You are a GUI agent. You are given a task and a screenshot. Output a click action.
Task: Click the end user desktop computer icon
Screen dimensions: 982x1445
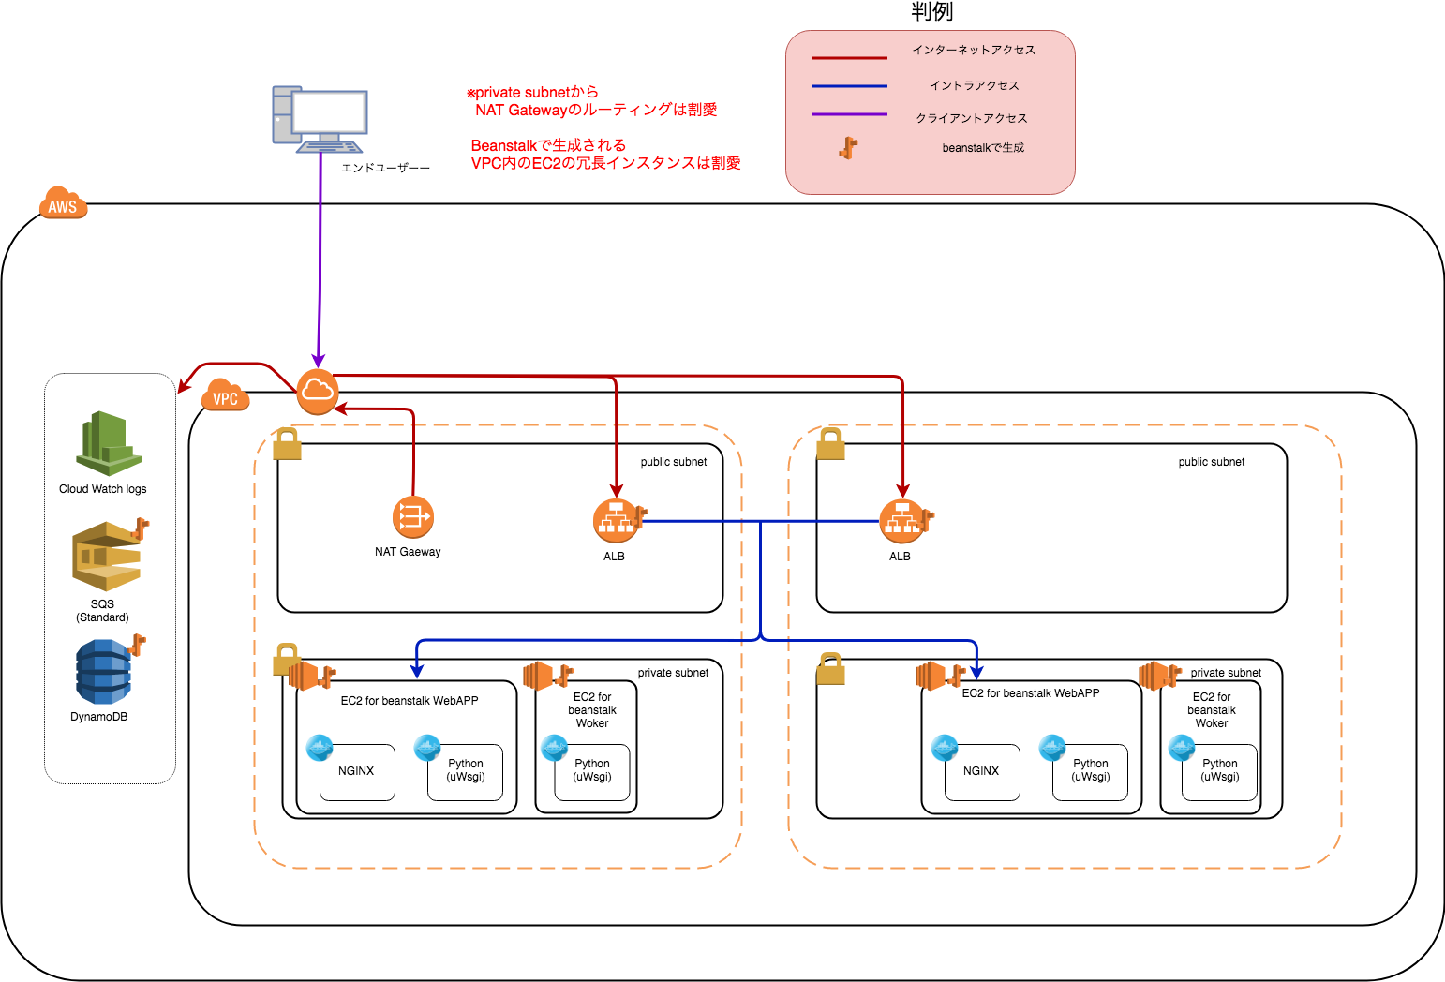pyautogui.click(x=320, y=120)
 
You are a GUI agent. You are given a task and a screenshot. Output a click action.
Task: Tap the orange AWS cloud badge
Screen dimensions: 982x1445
pyautogui.click(x=63, y=204)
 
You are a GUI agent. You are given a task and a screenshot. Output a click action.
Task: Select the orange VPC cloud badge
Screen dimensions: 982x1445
pyautogui.click(x=225, y=396)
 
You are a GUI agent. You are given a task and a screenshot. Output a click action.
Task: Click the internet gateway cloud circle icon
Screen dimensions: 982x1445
pyautogui.click(x=318, y=392)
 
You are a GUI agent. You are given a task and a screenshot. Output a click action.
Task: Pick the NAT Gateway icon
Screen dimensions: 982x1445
pyautogui.click(x=412, y=517)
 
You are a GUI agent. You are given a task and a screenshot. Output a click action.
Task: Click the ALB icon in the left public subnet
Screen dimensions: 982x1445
pyautogui.click(x=616, y=521)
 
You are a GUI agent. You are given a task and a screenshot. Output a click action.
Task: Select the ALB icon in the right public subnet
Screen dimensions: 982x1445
pyautogui.click(x=901, y=521)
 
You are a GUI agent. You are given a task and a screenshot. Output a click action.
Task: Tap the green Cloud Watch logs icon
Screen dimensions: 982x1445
pyautogui.click(x=109, y=444)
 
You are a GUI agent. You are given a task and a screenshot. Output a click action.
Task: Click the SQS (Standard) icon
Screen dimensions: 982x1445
pyautogui.click(x=107, y=557)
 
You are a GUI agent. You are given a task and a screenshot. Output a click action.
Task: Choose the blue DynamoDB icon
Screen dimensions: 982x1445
pyautogui.click(x=104, y=672)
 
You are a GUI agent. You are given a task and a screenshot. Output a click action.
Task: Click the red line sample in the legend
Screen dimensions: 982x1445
pyautogui.click(x=849, y=58)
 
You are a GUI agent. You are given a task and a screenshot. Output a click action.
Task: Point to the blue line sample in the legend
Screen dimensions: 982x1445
pyautogui.click(x=849, y=86)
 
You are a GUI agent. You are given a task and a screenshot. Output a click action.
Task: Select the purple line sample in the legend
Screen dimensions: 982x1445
pyautogui.click(x=849, y=114)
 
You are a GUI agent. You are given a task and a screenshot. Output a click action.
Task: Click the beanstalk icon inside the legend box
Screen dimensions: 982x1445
pyautogui.click(x=849, y=148)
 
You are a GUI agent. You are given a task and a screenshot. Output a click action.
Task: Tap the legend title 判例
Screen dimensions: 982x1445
pyautogui.click(x=931, y=11)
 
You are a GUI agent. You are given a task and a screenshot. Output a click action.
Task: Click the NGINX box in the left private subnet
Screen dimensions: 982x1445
pyautogui.click(x=357, y=772)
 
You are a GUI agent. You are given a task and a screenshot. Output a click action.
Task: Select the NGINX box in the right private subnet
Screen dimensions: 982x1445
pyautogui.click(x=982, y=772)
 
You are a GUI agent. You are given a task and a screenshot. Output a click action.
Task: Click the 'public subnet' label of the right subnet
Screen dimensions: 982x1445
pyautogui.click(x=1211, y=462)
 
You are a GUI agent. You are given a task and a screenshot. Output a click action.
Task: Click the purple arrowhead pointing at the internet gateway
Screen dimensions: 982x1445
pyautogui.click(x=319, y=362)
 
